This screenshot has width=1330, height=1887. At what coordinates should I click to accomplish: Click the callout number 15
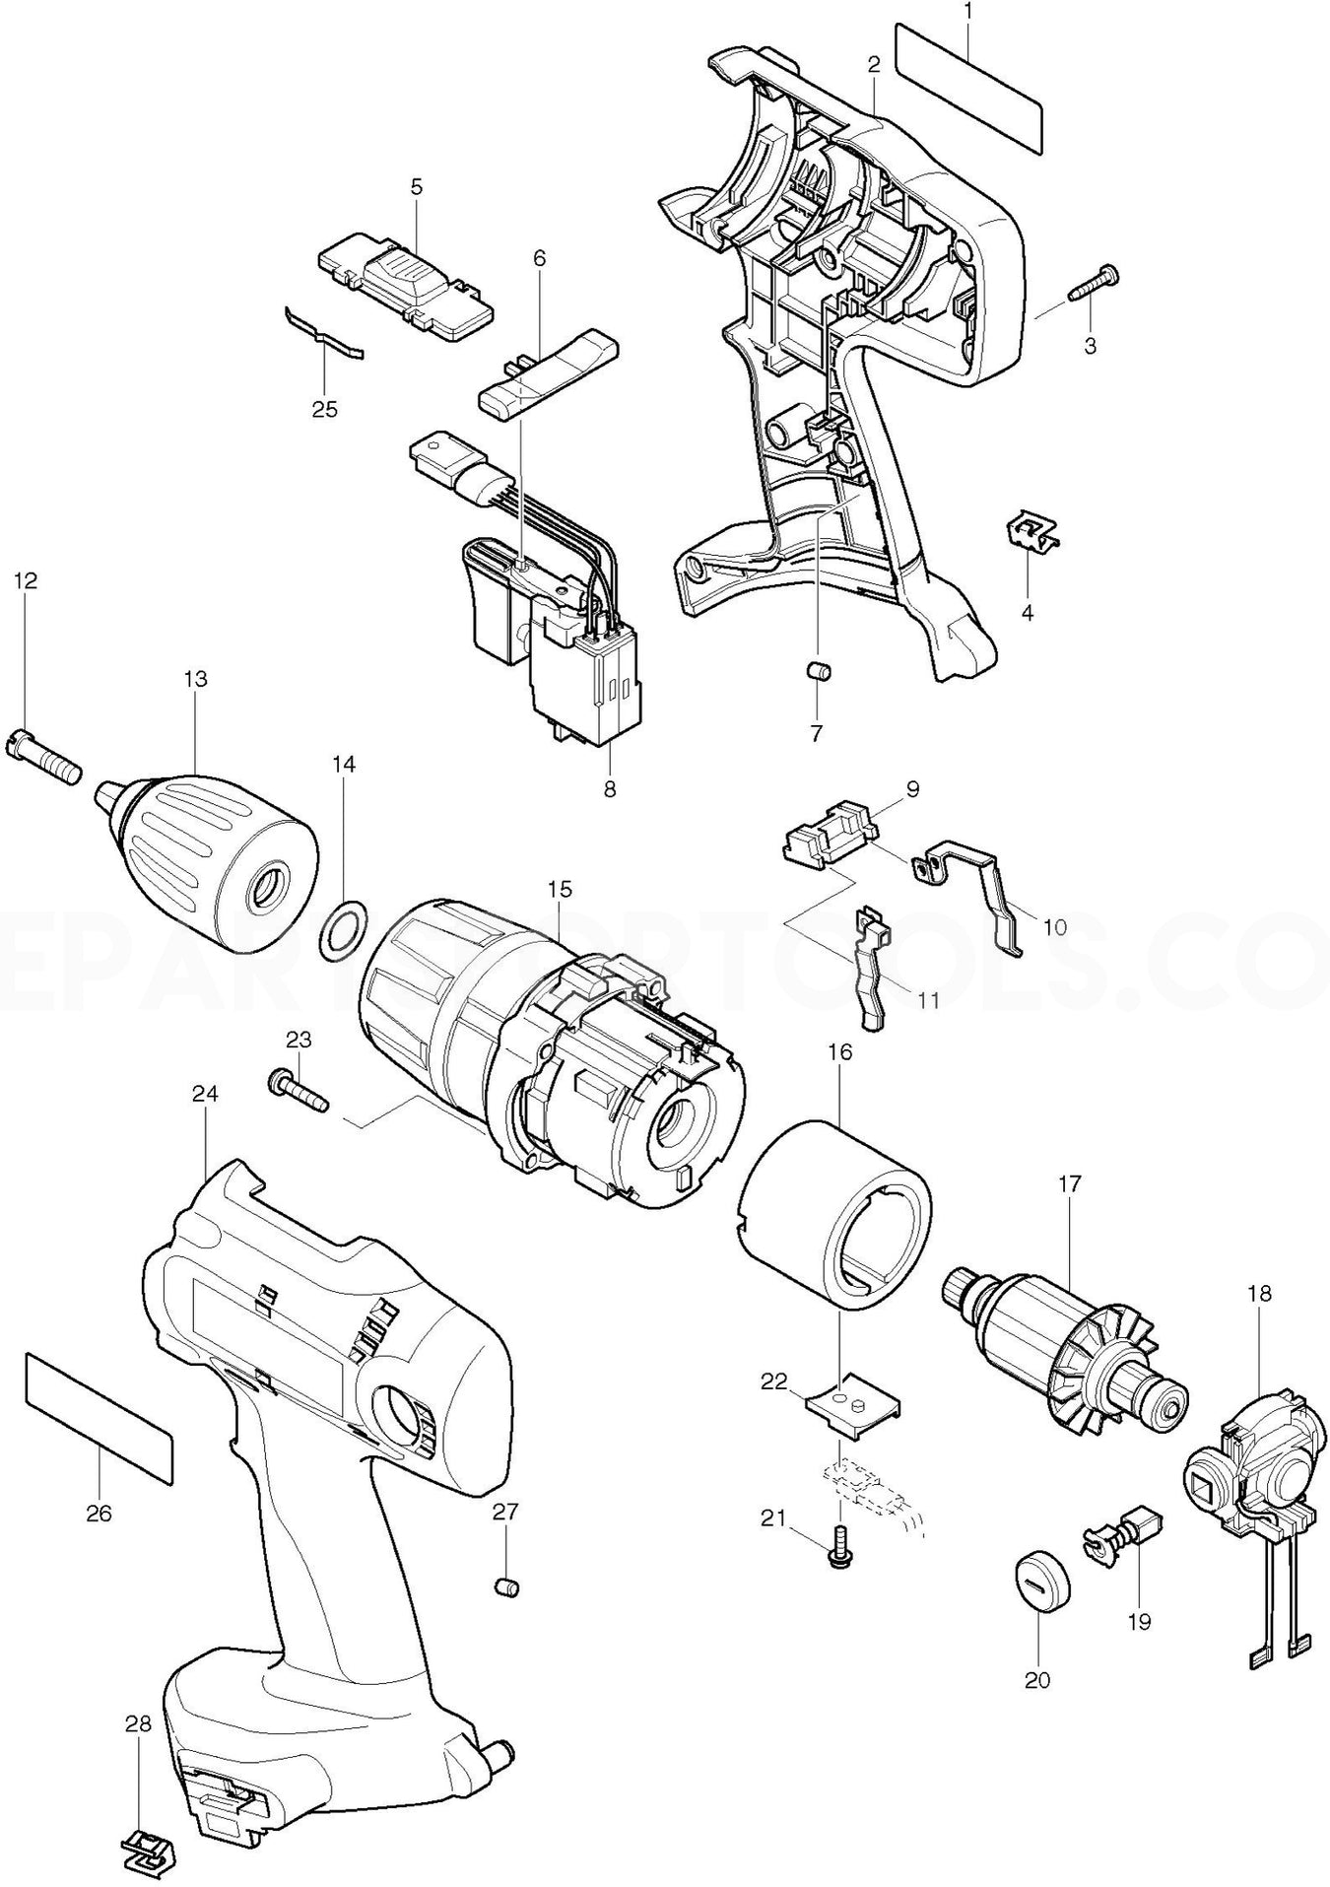559,889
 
